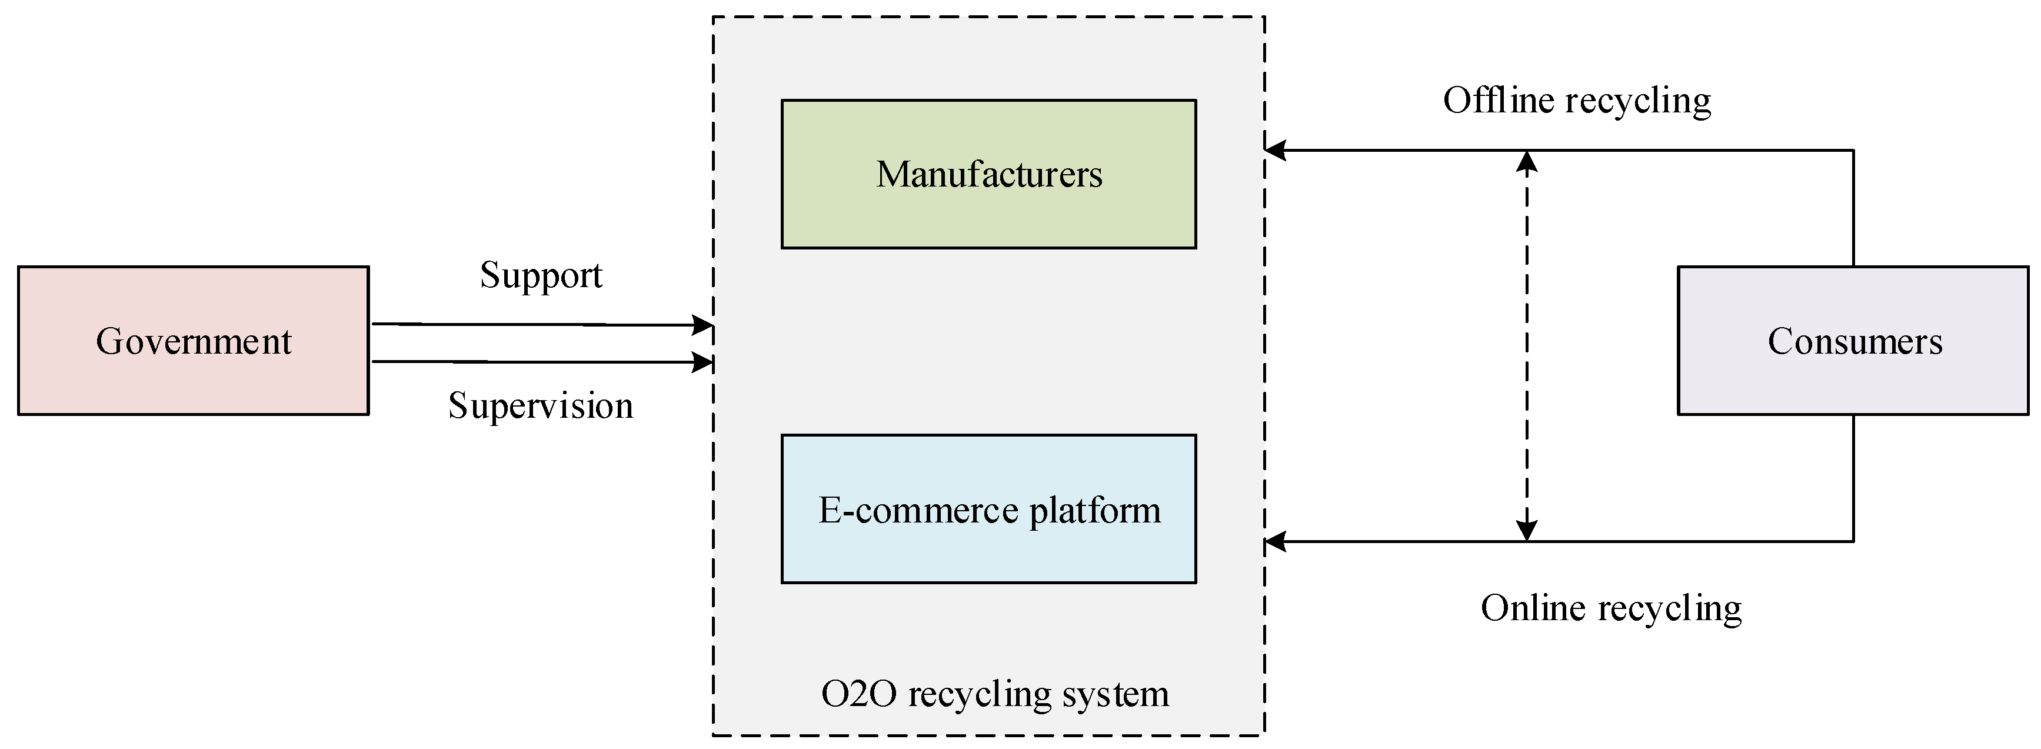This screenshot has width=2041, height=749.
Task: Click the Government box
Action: pyautogui.click(x=194, y=341)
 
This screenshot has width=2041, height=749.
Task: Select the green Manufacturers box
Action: pyautogui.click(x=988, y=174)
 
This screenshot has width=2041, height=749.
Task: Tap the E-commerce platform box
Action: pyautogui.click(x=988, y=509)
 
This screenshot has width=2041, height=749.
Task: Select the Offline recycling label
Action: pyautogui.click(x=1577, y=101)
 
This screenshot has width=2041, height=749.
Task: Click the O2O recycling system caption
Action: pyautogui.click(x=994, y=694)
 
